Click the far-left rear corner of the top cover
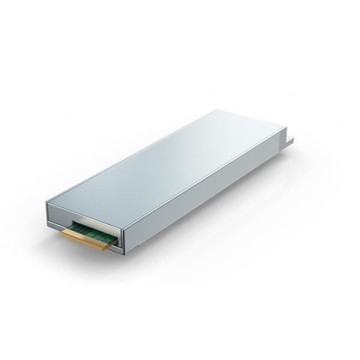coord(217,111)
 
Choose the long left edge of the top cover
coord(131,156)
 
